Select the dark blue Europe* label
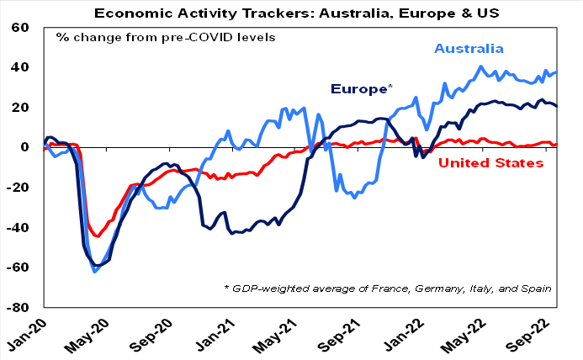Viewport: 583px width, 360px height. pos(362,88)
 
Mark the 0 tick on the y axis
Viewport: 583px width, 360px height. pos(26,147)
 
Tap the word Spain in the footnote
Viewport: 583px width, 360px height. pos(538,289)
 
